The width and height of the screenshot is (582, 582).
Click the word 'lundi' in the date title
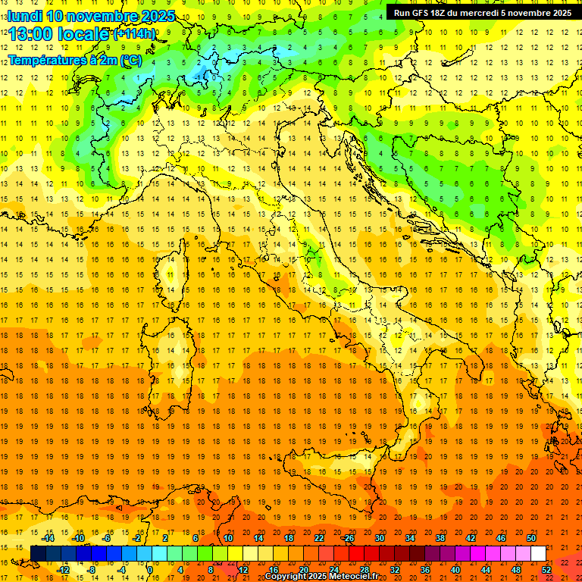pos(23,16)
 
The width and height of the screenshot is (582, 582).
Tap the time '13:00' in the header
pos(30,34)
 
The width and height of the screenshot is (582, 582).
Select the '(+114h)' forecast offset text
pos(134,34)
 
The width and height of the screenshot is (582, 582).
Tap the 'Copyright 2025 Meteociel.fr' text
pos(321,576)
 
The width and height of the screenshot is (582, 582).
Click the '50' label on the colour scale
pos(530,537)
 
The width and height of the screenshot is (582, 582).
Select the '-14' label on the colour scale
pos(48,537)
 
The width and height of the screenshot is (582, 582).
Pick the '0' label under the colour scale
pos(150,570)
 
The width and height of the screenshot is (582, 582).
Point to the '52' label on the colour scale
pos(546,570)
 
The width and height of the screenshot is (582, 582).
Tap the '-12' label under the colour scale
pos(64,570)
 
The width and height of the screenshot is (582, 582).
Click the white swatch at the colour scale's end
pos(538,553)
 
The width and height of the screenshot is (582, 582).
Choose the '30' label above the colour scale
pos(379,537)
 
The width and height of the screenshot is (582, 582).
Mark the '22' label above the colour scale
pos(318,537)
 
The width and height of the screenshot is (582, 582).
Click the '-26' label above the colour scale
pos(348,537)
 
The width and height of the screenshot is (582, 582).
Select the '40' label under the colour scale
pos(455,570)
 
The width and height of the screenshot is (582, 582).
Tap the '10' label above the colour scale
pos(227,537)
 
